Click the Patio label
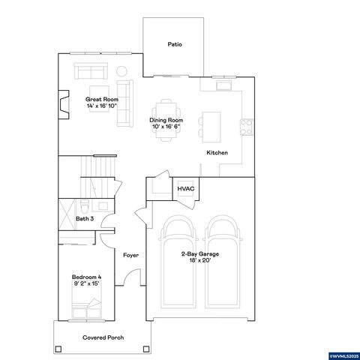[175, 45]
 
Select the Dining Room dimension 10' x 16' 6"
[166, 126]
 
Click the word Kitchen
[217, 153]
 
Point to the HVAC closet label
[186, 188]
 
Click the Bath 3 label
[85, 219]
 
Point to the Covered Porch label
[103, 337]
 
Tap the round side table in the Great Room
[121, 71]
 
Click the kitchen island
[213, 124]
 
